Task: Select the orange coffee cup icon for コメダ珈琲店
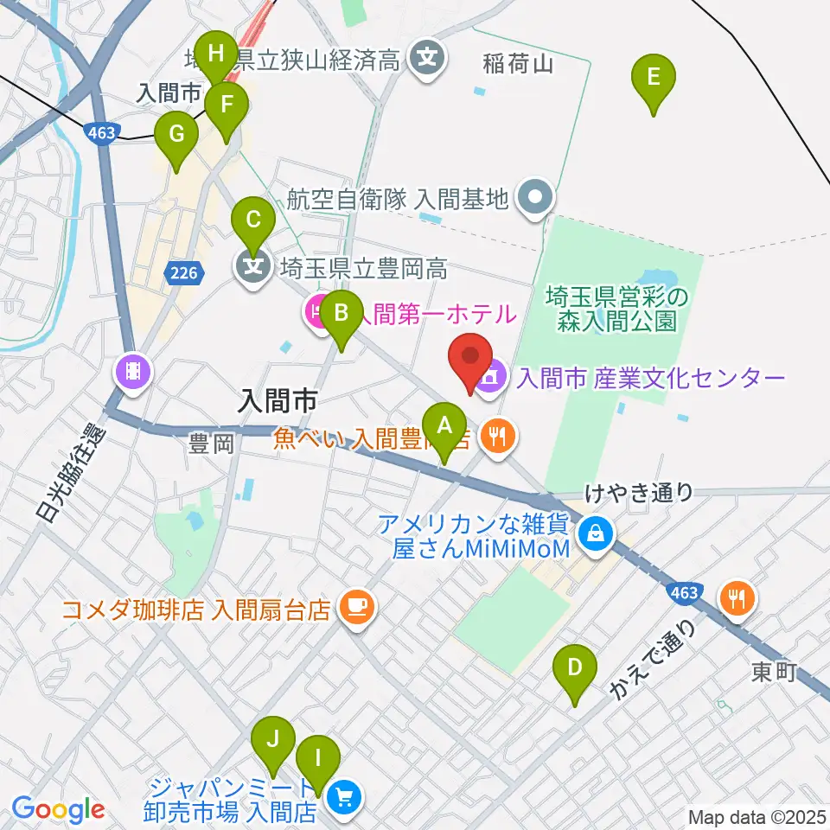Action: [x=355, y=608]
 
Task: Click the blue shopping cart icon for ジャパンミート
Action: [x=344, y=798]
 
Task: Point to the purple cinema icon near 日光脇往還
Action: [x=132, y=373]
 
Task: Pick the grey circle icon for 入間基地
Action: [x=535, y=199]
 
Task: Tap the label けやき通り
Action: [x=638, y=493]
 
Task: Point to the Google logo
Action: [x=58, y=810]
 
